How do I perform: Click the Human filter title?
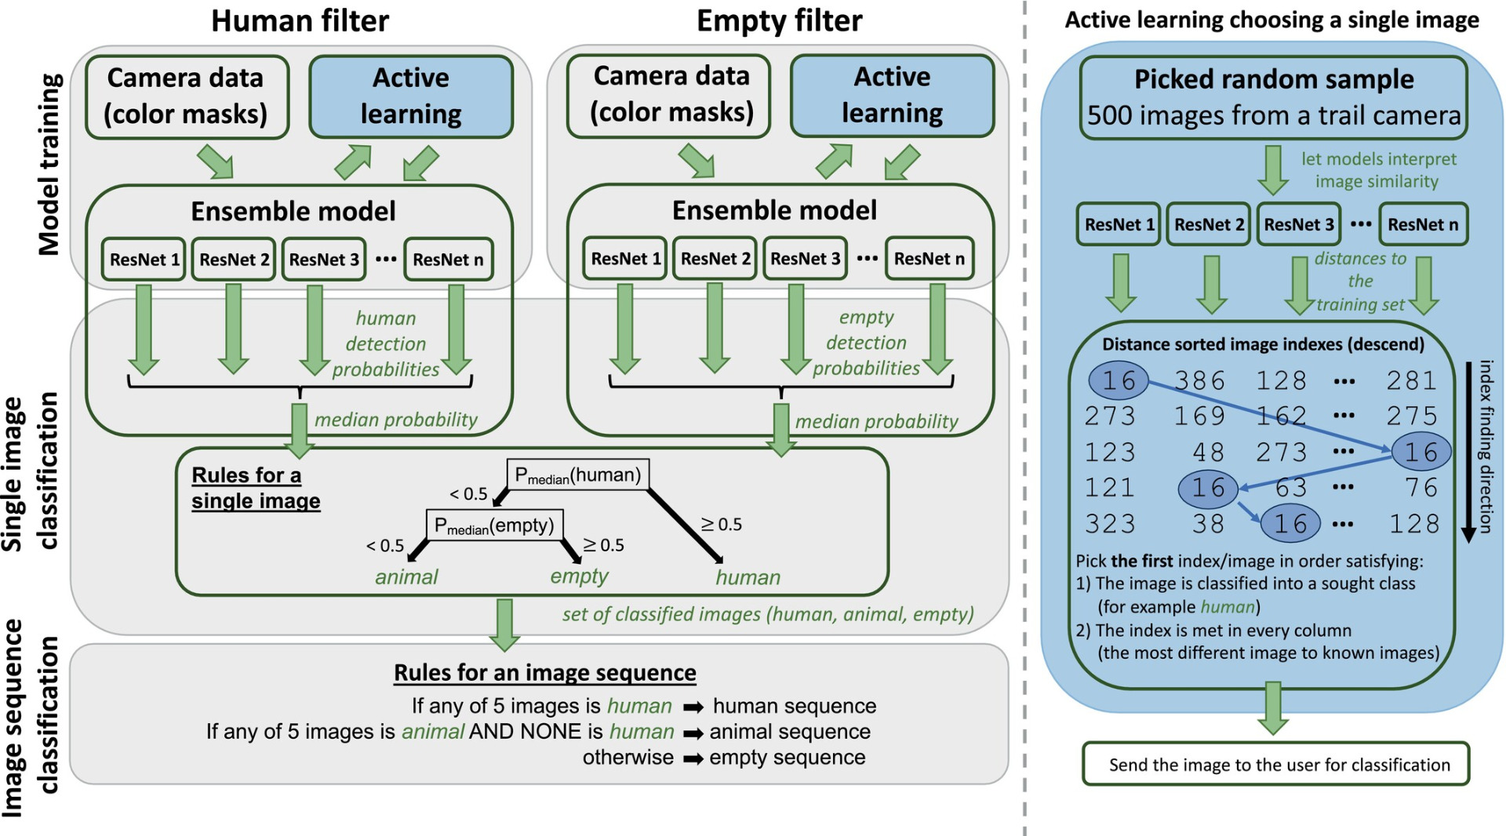[x=300, y=21]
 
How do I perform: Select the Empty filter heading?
[x=779, y=21]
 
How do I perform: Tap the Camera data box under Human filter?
[x=186, y=96]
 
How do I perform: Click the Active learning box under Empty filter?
[x=892, y=96]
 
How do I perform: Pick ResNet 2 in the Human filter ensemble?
[x=234, y=260]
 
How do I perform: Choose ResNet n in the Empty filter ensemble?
[x=929, y=259]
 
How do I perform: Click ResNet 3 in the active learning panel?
[x=1298, y=225]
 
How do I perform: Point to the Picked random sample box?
[x=1273, y=97]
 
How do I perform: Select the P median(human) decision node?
[x=578, y=475]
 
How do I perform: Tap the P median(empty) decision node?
[x=494, y=525]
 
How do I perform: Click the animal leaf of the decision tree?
[x=406, y=578]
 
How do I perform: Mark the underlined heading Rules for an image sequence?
[x=544, y=673]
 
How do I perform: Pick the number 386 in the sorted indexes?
[x=1199, y=381]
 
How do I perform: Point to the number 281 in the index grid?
[x=1411, y=381]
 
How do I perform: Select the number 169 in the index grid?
[x=1199, y=416]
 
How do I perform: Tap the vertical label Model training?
[x=49, y=165]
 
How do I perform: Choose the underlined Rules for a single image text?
[x=256, y=488]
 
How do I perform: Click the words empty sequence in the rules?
[x=787, y=758]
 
